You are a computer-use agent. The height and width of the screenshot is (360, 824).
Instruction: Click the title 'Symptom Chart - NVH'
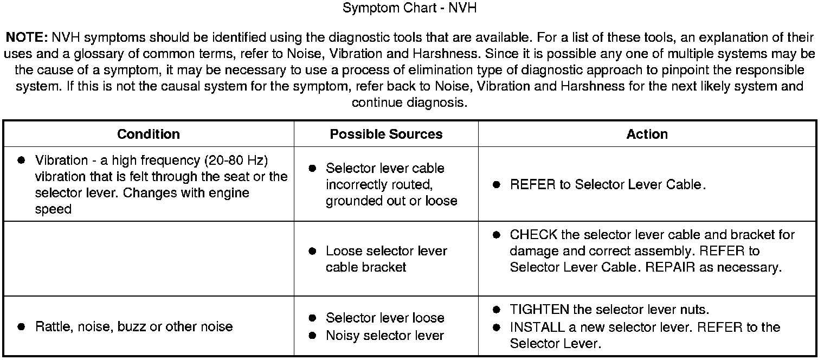[x=410, y=9]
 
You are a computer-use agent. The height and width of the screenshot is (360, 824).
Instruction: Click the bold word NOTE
[x=27, y=38]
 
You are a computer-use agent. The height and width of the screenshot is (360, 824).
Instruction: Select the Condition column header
[x=149, y=134]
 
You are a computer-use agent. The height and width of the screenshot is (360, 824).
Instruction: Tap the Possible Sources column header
[x=386, y=134]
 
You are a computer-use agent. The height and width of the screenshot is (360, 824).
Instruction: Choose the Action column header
[x=647, y=134]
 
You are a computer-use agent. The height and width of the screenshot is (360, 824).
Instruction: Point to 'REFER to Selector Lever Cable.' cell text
[x=608, y=184]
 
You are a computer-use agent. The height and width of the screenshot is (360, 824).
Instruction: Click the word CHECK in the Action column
[x=533, y=235]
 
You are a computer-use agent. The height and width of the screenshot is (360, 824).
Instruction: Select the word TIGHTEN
[x=539, y=310]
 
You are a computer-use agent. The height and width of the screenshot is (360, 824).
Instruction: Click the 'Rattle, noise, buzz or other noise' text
[x=134, y=326]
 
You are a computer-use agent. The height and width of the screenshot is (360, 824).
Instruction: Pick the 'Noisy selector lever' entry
[x=384, y=336]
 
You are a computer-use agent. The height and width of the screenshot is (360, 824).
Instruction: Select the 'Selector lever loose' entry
[x=385, y=318]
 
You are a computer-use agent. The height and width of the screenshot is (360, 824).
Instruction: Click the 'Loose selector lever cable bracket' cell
[x=386, y=259]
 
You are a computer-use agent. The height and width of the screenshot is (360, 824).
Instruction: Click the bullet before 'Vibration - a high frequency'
[x=22, y=160]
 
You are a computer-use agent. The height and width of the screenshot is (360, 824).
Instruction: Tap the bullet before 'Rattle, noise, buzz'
[x=22, y=326]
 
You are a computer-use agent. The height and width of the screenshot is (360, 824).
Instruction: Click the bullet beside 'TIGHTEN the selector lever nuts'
[x=497, y=310]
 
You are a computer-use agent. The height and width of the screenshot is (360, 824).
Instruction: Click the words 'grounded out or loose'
[x=391, y=201]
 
